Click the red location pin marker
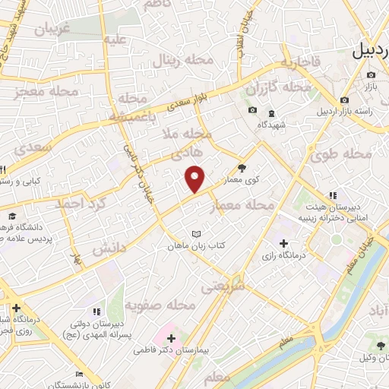[195, 178]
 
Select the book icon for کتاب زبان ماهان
[198, 233]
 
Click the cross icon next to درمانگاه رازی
[283, 244]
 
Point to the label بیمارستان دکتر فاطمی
[170, 350]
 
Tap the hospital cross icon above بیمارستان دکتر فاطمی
[170, 337]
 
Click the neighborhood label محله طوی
[342, 154]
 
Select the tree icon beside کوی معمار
[242, 168]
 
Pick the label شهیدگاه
[270, 125]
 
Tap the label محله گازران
[278, 88]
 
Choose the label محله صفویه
[160, 305]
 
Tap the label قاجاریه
[296, 63]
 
